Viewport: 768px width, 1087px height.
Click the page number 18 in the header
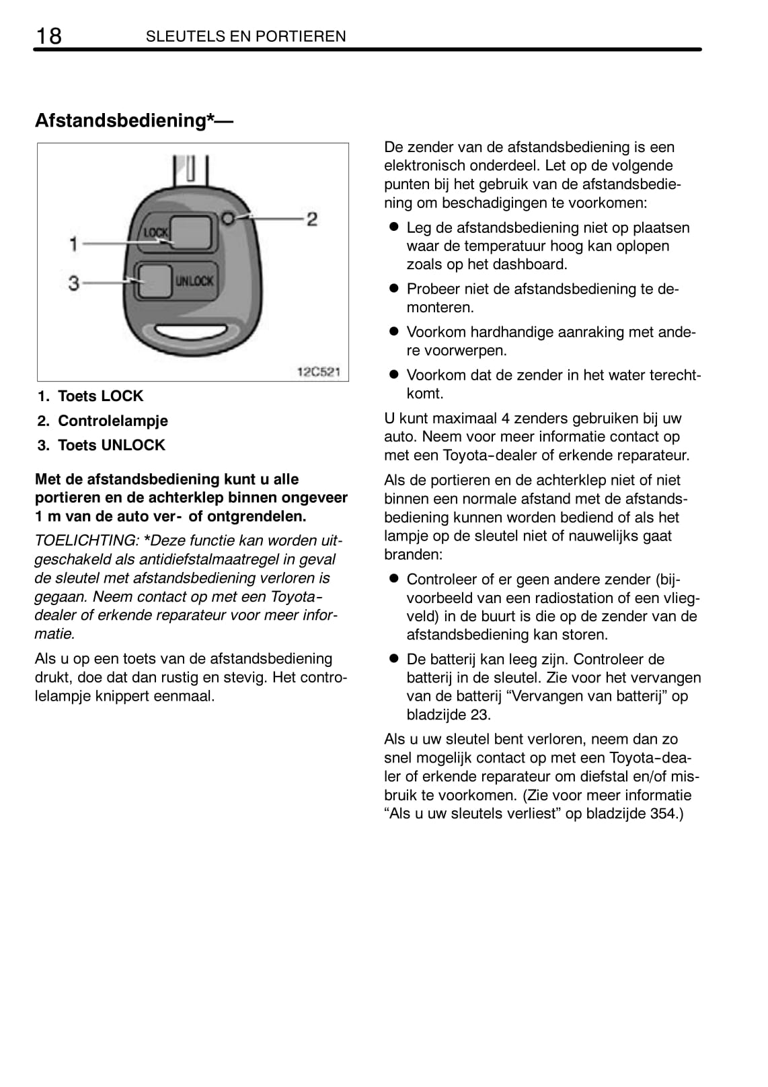(x=48, y=36)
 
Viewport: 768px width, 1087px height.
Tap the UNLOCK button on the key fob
(x=155, y=281)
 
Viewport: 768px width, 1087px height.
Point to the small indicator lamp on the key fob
(x=229, y=218)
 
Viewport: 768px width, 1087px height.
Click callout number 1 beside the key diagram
(x=74, y=244)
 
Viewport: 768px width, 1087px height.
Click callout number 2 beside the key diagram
(x=312, y=219)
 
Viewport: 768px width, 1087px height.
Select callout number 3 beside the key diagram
(x=74, y=283)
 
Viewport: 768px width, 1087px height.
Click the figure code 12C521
(x=319, y=372)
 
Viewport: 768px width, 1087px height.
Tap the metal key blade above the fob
(x=191, y=170)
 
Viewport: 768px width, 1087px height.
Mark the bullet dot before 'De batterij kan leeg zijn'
(x=394, y=659)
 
